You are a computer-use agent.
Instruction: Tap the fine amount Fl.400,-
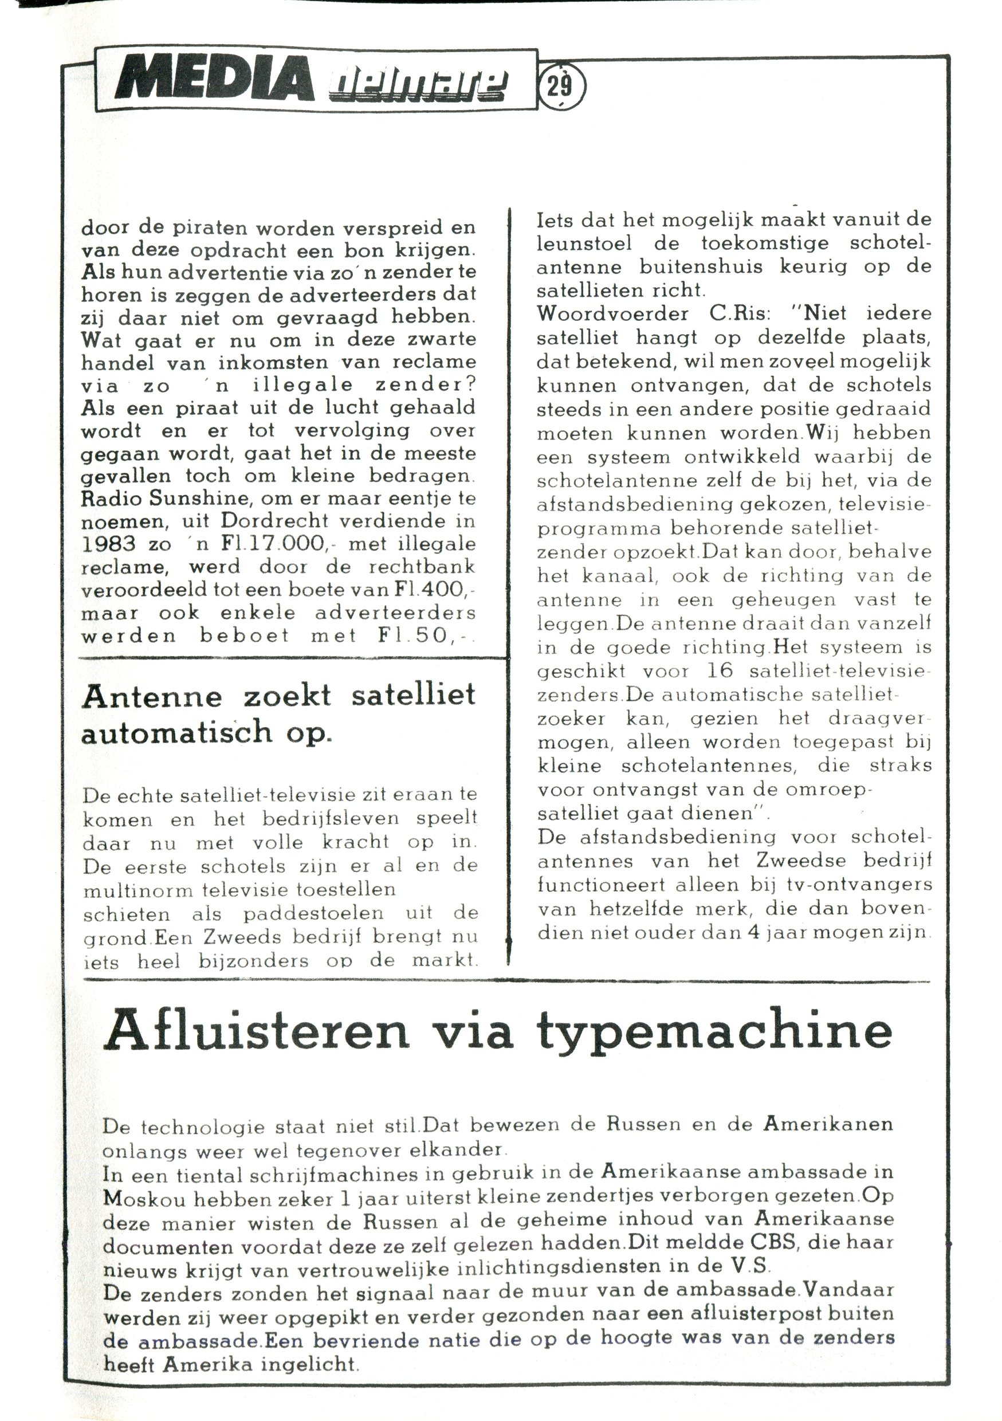[x=437, y=590]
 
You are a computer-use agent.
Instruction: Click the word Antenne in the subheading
[x=152, y=696]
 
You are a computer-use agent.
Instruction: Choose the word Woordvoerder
[x=612, y=313]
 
